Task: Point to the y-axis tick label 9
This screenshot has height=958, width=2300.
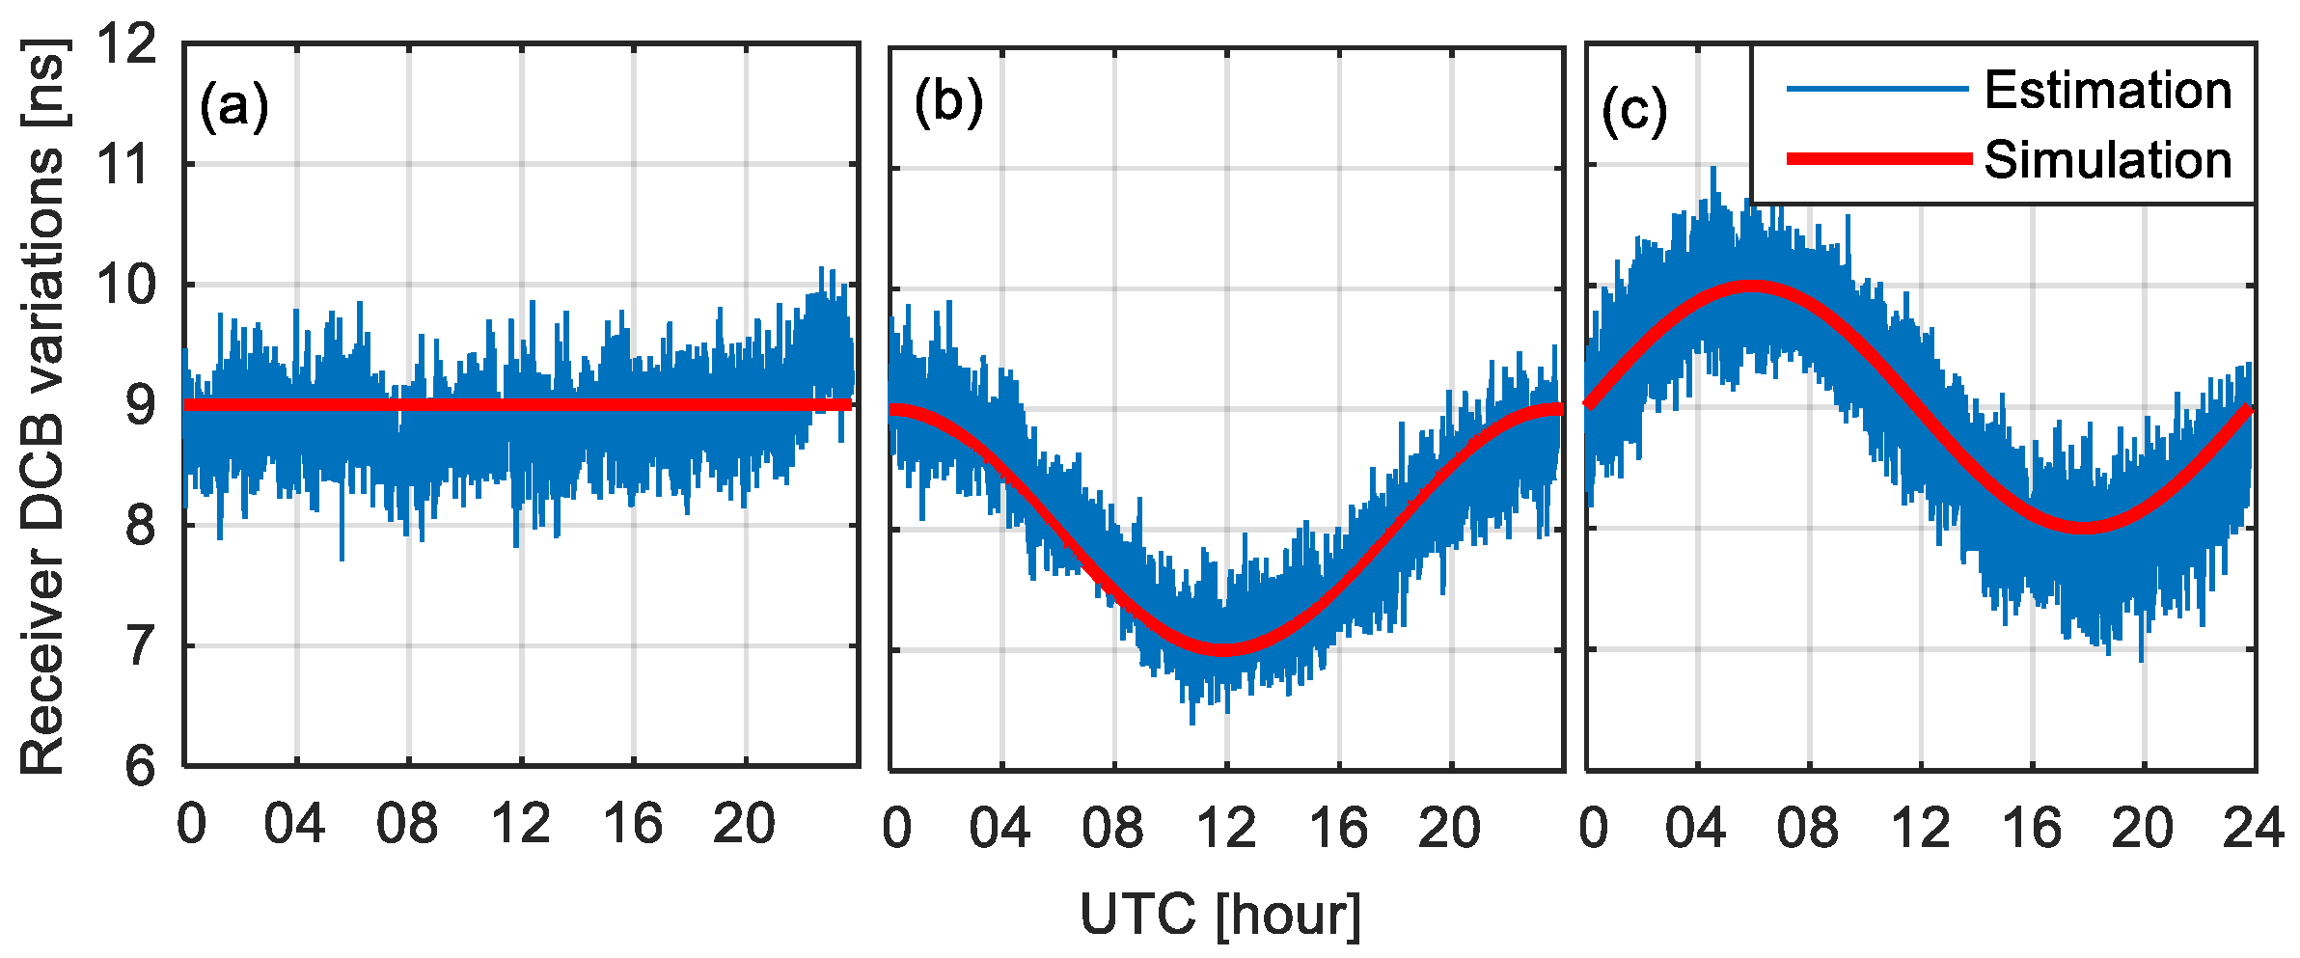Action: click(140, 405)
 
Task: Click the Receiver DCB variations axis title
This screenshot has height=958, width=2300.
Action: click(42, 405)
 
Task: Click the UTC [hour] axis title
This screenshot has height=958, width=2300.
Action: click(1220, 914)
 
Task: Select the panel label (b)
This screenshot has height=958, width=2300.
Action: click(948, 101)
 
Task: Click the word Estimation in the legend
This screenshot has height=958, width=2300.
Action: click(2108, 91)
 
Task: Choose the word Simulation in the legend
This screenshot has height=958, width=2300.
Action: click(2108, 159)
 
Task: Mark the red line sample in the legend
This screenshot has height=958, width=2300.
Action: click(1878, 158)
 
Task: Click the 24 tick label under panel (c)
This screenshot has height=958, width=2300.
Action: click(2254, 828)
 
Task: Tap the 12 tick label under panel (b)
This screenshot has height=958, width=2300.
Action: click(1226, 828)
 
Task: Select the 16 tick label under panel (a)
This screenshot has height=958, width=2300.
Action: click(633, 824)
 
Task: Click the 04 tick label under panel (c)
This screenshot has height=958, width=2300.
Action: click(1695, 828)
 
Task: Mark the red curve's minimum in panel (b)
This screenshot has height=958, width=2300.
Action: click(1223, 649)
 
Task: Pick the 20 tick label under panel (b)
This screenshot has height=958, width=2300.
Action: click(1449, 828)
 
